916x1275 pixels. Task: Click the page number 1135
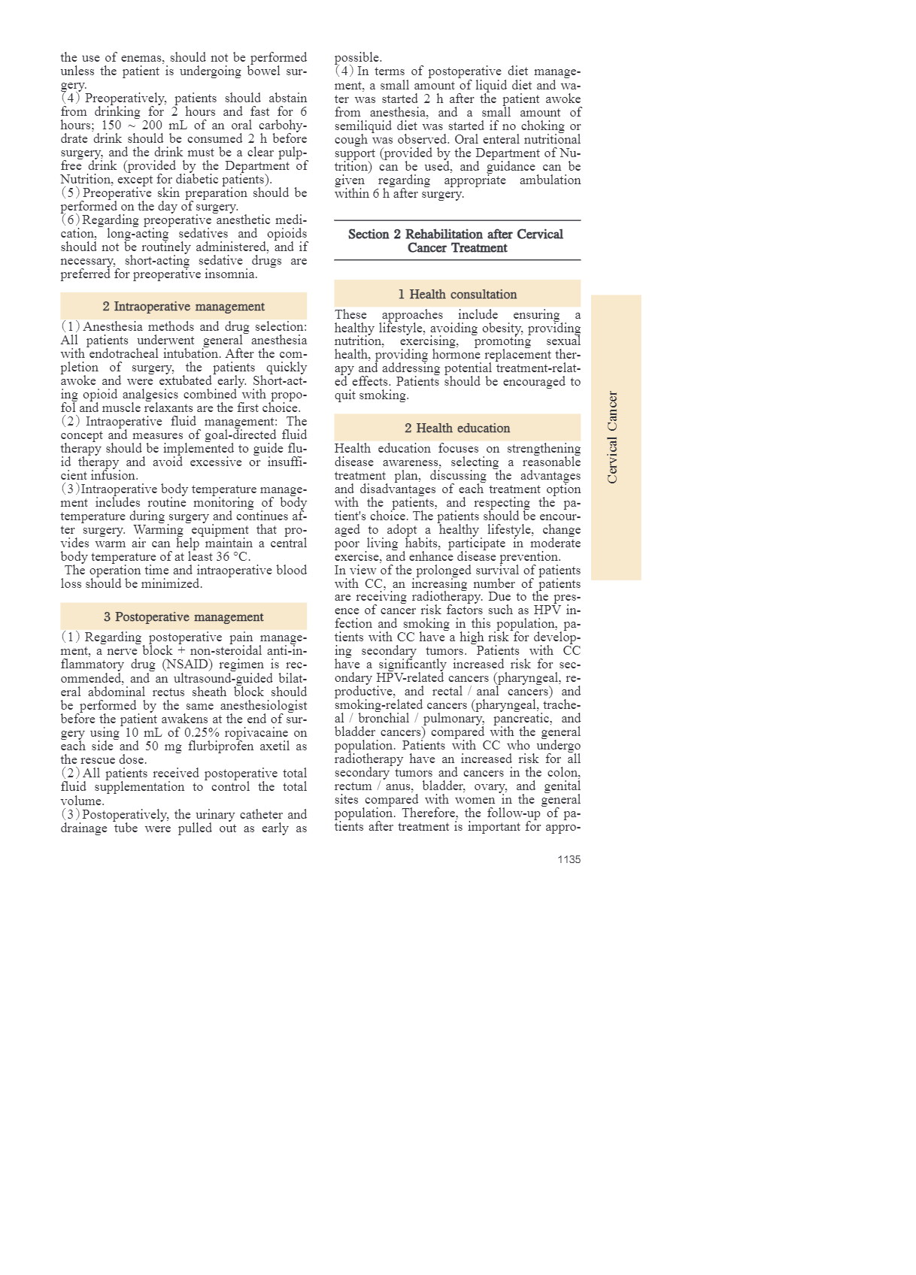coord(569,859)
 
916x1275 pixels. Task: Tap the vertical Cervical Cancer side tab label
coord(613,438)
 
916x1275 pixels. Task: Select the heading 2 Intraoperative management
coord(184,307)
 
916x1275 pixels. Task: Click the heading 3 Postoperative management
coord(184,617)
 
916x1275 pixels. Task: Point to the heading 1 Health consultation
coord(457,295)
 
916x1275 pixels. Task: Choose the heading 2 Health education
coord(457,429)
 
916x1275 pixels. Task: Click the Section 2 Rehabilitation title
coord(456,241)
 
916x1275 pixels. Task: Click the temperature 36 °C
coord(234,557)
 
